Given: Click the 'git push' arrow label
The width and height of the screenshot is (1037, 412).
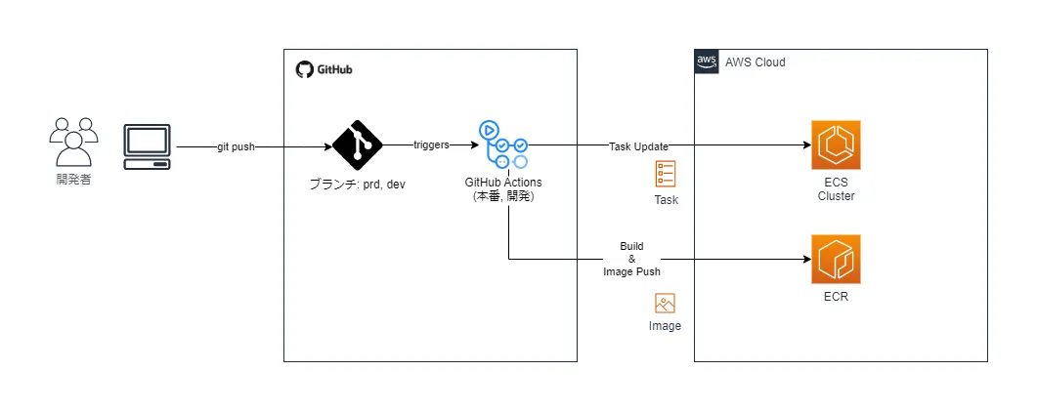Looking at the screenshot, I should (237, 146).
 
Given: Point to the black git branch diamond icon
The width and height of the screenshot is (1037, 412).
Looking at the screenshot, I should (357, 145).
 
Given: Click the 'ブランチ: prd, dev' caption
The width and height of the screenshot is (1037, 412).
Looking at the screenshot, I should (357, 185).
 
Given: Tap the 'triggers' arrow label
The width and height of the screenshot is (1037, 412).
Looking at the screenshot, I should (431, 144).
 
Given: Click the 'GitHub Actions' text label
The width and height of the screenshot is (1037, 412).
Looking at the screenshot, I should (503, 183).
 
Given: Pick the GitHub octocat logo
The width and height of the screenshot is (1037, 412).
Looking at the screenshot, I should (303, 69).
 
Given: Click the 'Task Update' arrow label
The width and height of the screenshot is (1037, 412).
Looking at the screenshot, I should (639, 146).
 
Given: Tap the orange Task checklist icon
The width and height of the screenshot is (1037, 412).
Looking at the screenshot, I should (666, 175).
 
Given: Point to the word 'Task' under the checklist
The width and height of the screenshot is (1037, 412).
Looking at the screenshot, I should (666, 200).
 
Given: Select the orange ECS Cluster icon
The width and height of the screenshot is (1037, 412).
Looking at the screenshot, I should (836, 145).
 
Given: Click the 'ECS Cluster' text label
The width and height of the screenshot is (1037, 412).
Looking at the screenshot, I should (836, 188).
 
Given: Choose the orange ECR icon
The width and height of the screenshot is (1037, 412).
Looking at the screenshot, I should (836, 259).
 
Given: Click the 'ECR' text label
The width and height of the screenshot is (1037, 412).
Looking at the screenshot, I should (836, 296).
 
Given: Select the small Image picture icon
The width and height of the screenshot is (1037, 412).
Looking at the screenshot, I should (666, 303).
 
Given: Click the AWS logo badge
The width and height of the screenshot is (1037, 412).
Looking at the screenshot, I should (707, 62).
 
